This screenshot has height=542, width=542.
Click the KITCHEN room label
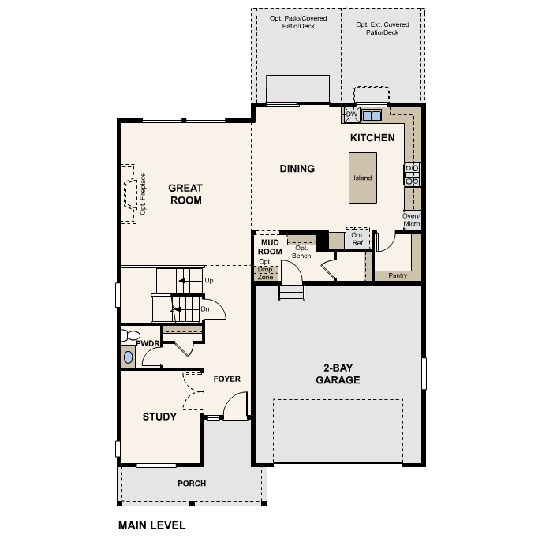(x=372, y=138)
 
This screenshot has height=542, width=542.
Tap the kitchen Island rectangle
(x=362, y=178)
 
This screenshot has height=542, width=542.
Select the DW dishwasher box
(x=351, y=115)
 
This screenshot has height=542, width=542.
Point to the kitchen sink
(x=372, y=115)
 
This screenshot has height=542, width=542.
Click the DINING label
(x=297, y=168)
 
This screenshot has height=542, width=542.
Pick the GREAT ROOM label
(x=185, y=194)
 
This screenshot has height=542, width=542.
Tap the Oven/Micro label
(x=411, y=220)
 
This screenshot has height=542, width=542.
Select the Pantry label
(x=398, y=275)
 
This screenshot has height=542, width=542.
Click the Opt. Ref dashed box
(x=357, y=238)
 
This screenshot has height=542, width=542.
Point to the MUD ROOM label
(x=267, y=247)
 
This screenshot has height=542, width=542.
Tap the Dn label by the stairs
(x=204, y=309)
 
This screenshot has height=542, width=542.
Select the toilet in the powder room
(x=127, y=336)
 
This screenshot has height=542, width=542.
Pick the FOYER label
(x=226, y=379)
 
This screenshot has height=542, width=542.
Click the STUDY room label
(x=159, y=417)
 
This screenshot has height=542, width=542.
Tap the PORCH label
(x=192, y=484)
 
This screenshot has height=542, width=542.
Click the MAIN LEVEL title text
(x=151, y=524)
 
